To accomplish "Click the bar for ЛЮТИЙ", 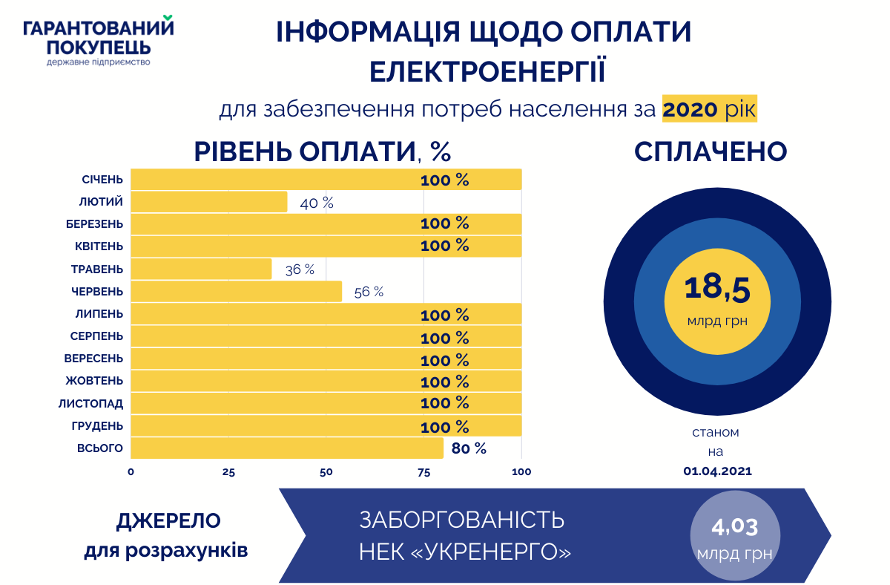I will coord(209,202).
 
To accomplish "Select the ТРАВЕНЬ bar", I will coord(201,269).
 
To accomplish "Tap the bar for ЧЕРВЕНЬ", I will coord(237,291).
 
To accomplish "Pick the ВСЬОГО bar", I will coord(287,448).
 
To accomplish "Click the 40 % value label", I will coord(317,203).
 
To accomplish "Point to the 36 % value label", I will coord(300,269).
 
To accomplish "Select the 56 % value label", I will coord(369,292).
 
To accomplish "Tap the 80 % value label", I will coord(469,448).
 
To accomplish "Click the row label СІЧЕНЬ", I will coord(103,180).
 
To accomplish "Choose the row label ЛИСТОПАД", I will coord(91,404).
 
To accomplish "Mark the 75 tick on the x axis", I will coord(424,471).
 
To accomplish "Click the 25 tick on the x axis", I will coord(228,471).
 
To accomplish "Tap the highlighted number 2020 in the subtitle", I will coord(690,110).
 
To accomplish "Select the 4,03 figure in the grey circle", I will coord(734,528).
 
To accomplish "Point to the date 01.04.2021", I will coord(716,471).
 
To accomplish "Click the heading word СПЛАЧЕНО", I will coord(711,151).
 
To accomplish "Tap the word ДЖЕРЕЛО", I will coord(168,521).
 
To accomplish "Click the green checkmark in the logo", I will coord(168,18).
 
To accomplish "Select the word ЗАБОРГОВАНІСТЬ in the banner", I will coord(461,520).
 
